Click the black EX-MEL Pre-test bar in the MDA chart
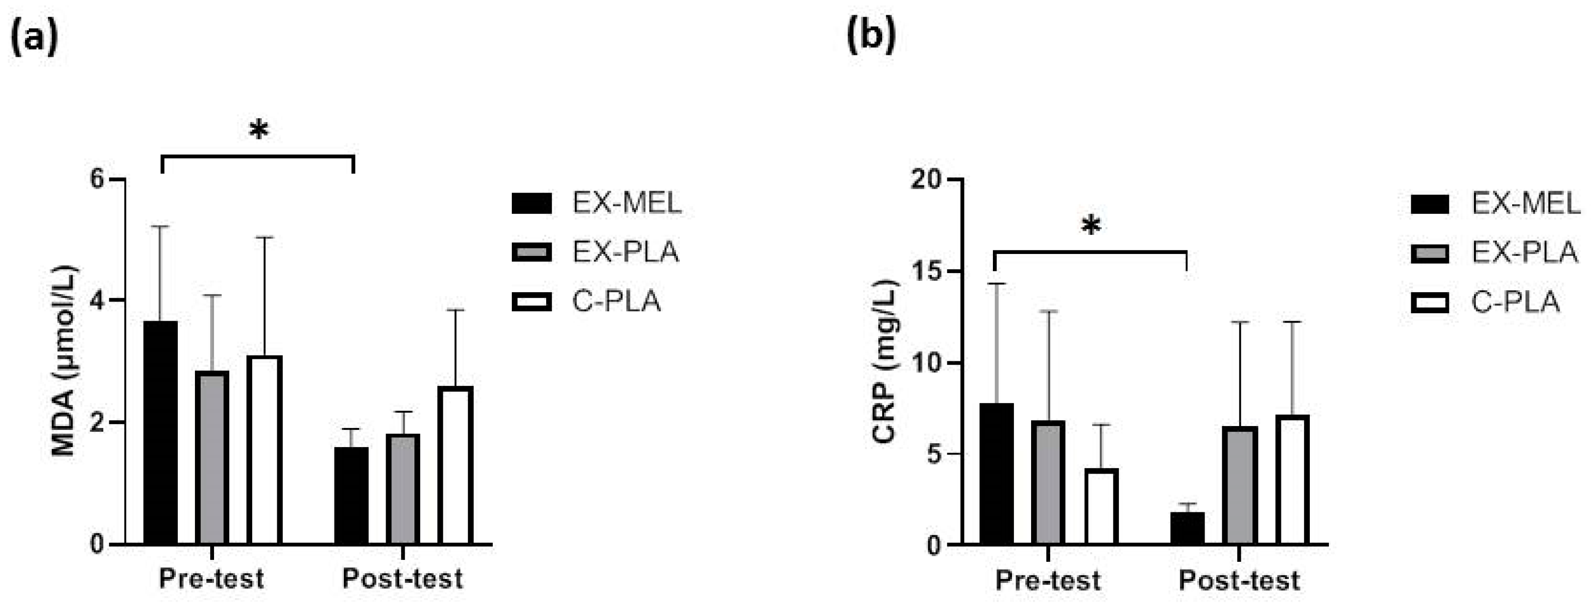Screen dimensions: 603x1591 pyautogui.click(x=161, y=432)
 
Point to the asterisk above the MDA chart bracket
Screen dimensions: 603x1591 pyautogui.click(x=259, y=130)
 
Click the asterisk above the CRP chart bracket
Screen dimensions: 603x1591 pyautogui.click(x=1091, y=226)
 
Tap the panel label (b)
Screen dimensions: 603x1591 pyautogui.click(x=871, y=37)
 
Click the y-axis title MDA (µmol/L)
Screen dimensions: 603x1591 pyautogui.click(x=64, y=361)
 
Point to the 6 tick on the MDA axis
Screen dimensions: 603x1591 pyautogui.click(x=97, y=179)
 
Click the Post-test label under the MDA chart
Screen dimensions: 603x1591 pyautogui.click(x=402, y=579)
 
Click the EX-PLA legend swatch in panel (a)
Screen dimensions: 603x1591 pyautogui.click(x=531, y=252)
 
